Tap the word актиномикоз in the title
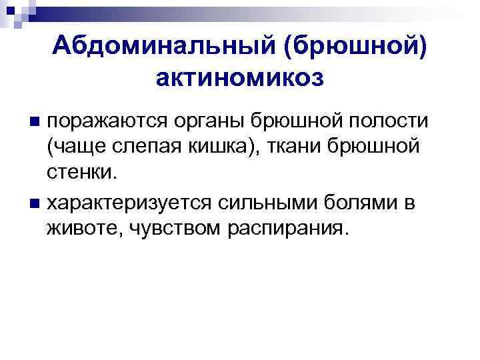click(x=240, y=78)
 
